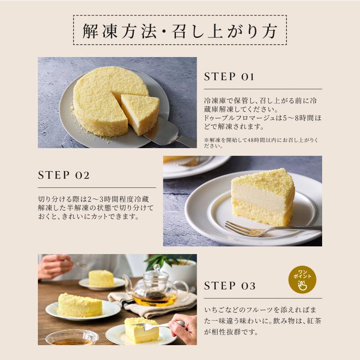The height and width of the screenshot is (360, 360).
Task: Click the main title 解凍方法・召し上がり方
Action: pos(180,30)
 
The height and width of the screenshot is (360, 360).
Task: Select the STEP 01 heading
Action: pos(229,77)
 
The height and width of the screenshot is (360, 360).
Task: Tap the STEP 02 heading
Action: pos(64,175)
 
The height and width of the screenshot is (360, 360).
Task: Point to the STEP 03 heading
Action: pos(230,286)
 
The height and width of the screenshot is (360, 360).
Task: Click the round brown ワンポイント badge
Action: pos(302,280)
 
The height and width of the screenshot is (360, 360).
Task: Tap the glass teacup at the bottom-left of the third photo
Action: pos(71,338)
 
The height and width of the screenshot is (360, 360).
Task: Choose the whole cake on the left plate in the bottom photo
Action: pos(80,305)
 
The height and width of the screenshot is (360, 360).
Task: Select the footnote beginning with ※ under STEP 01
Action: pos(261,143)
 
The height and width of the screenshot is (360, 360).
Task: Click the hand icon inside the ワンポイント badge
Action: pos(302,286)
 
